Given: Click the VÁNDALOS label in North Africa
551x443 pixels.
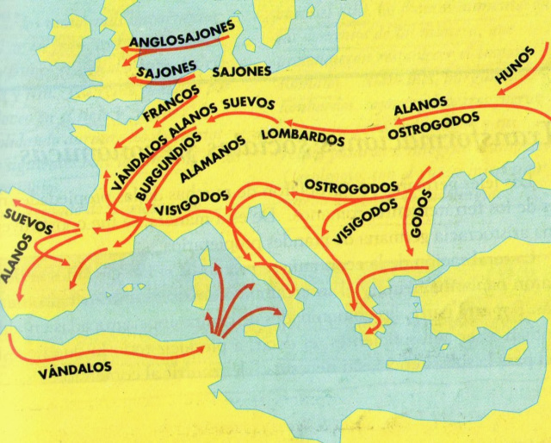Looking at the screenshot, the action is point(76,368).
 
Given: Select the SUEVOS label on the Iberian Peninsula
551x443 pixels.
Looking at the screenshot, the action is point(28,221).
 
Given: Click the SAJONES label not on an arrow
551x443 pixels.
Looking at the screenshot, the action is point(241,72).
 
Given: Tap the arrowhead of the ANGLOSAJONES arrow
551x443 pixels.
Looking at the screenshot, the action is point(123,50).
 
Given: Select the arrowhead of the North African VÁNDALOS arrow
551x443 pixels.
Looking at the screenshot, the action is point(203,348).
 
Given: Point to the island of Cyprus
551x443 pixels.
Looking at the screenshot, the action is point(514,352).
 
